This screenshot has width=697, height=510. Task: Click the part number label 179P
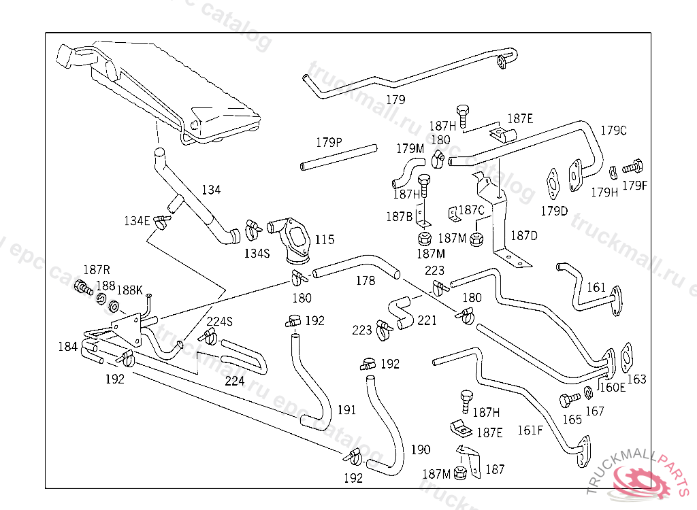coord(329,143)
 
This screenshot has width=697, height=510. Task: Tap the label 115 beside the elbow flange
coord(325,240)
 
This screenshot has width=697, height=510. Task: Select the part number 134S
coord(257,253)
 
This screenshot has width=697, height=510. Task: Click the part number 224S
coord(219,322)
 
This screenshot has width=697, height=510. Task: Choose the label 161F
coord(531,430)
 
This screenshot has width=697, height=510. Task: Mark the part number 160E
coord(612,388)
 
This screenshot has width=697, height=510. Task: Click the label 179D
coord(554,211)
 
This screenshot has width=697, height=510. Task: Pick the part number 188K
coord(129,290)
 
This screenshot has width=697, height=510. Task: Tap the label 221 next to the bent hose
coord(427,320)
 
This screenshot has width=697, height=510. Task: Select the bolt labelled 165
coord(567,399)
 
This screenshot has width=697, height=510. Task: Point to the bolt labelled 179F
coord(634,165)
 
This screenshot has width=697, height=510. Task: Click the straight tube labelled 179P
coord(338,156)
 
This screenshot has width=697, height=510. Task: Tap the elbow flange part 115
coord(293,237)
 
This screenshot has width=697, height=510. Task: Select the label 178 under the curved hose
coord(366,281)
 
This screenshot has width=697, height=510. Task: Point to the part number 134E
coord(137,220)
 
